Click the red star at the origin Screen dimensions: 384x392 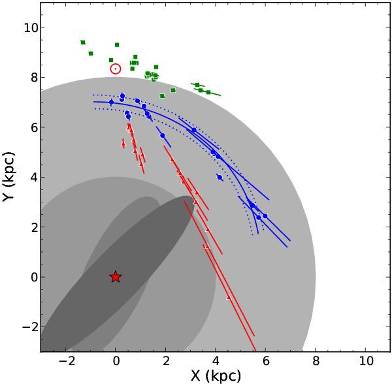[x=116, y=277]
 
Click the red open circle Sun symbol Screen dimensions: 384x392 [x=116, y=69]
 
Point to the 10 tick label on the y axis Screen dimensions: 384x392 [x=29, y=27]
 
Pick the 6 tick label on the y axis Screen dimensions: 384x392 [x=31, y=127]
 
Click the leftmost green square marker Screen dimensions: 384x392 [x=83, y=42]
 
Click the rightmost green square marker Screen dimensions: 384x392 [x=208, y=92]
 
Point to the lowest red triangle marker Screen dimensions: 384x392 [x=228, y=298]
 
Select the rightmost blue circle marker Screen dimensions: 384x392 [x=265, y=216]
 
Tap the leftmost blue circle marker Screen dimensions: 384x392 [x=111, y=103]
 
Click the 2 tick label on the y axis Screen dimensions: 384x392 [x=31, y=227]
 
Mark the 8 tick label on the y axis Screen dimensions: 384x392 [x=31, y=77]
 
